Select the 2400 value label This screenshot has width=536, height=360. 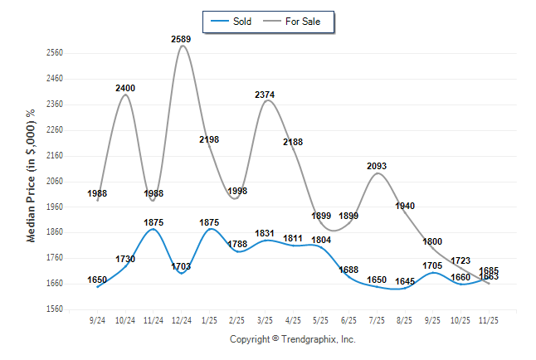(x=125, y=88)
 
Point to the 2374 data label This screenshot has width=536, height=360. (x=265, y=95)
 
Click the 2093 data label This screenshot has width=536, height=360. (x=377, y=167)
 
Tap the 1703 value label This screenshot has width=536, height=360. (x=181, y=267)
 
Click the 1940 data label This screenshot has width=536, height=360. (x=405, y=206)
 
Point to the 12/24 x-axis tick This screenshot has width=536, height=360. (x=181, y=320)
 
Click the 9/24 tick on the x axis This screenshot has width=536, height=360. (x=98, y=320)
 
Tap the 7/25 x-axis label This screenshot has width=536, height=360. (x=377, y=320)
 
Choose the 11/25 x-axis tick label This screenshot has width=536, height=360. (x=489, y=320)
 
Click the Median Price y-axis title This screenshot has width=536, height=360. (x=31, y=175)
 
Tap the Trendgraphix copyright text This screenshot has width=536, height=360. (x=292, y=339)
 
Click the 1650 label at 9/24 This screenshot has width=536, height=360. (x=98, y=280)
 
